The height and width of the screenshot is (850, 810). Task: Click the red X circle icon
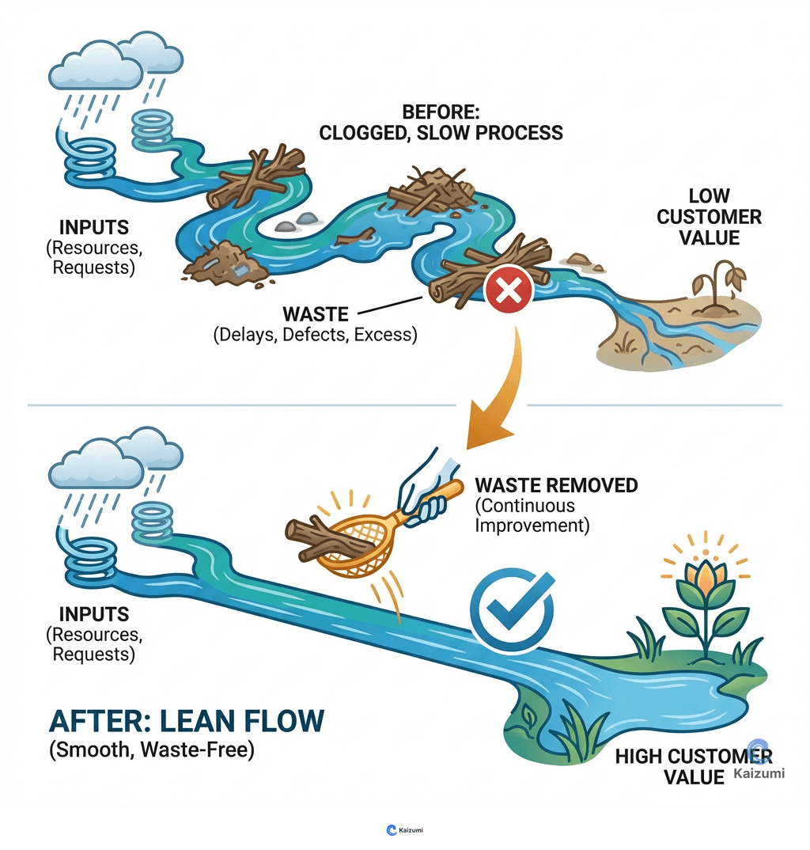[509, 294]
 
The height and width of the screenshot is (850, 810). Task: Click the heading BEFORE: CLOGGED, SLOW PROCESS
[441, 122]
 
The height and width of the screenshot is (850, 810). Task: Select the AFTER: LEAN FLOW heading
[187, 722]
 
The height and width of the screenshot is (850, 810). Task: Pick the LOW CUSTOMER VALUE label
[709, 216]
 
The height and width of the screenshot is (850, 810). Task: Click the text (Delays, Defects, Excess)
[314, 334]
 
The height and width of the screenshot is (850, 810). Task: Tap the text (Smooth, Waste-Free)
[152, 749]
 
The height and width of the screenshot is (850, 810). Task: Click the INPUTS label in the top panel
[93, 228]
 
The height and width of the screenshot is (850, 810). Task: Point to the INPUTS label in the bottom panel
[93, 614]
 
